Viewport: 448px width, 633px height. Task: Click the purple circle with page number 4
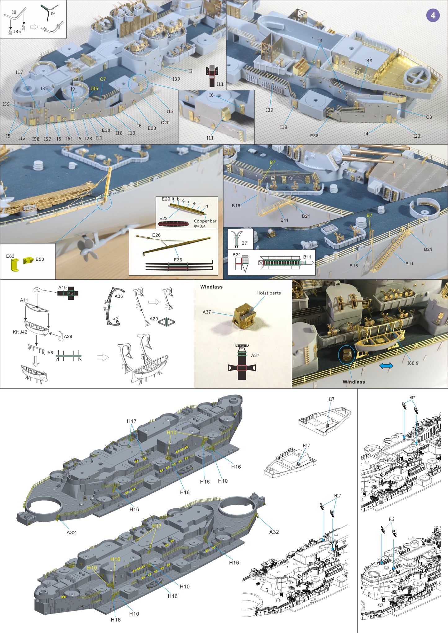click(433, 15)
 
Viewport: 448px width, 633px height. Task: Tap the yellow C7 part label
click(103, 79)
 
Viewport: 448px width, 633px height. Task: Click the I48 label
click(368, 61)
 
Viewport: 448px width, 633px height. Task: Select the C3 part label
click(429, 117)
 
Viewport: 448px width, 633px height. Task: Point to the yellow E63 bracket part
click(14, 264)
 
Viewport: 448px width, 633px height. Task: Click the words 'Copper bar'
click(205, 221)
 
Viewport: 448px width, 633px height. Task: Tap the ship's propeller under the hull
click(87, 248)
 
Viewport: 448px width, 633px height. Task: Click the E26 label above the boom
click(156, 235)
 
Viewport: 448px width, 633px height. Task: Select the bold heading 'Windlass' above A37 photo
click(211, 287)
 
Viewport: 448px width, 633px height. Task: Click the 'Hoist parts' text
click(268, 293)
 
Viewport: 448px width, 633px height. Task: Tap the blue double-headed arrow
click(386, 366)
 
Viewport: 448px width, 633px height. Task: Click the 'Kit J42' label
click(20, 332)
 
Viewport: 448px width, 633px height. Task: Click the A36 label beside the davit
click(119, 296)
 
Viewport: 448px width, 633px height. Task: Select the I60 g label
click(413, 363)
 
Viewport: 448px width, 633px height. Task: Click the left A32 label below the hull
click(71, 532)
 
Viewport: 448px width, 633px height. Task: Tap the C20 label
click(165, 123)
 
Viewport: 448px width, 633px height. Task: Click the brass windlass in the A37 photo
click(244, 315)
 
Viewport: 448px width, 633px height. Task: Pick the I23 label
click(416, 136)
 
